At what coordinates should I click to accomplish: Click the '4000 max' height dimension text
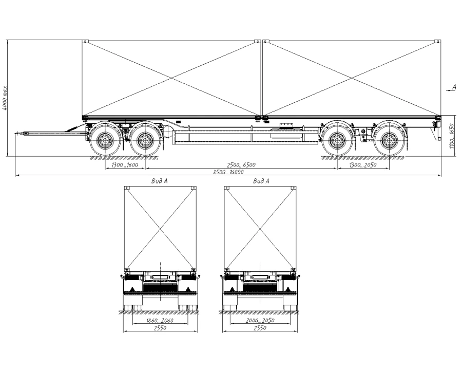5,97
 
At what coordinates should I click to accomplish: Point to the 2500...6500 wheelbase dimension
241,165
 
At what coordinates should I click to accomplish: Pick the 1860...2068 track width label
160,320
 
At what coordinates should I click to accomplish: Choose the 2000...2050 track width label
261,320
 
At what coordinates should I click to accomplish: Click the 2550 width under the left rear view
160,328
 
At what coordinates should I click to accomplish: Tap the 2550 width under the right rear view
261,328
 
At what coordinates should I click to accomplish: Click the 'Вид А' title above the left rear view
160,181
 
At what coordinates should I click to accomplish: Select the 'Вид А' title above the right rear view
261,181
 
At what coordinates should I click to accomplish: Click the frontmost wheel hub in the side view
106,139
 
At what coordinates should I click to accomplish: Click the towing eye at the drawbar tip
18,134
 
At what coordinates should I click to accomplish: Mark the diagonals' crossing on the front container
171,78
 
